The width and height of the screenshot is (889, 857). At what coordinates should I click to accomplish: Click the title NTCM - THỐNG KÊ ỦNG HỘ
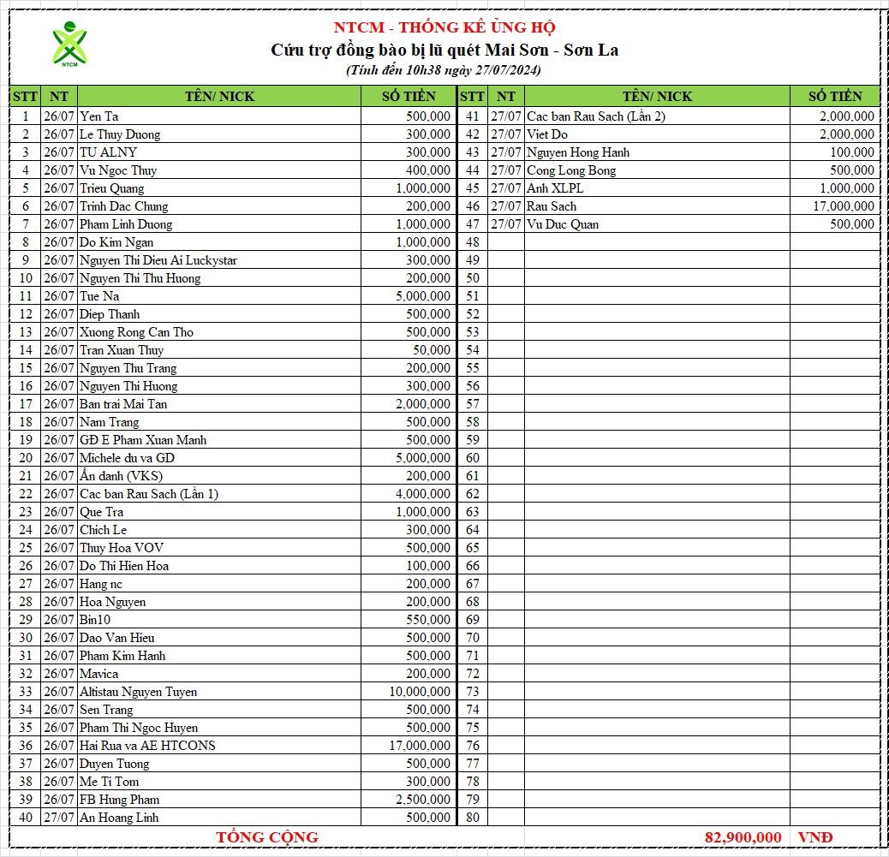coord(444,27)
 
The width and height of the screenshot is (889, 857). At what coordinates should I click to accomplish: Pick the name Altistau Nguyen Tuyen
coord(138,692)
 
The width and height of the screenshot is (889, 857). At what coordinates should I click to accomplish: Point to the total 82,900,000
coord(743,837)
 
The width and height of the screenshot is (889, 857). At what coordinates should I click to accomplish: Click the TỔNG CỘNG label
coord(267,837)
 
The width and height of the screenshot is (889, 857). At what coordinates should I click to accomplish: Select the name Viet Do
coord(547,134)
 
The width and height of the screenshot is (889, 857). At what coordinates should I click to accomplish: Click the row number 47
coord(472,224)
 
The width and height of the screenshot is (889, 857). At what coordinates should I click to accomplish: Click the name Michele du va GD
coord(127,458)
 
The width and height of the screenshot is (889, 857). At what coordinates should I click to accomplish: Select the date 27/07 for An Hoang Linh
coord(59,818)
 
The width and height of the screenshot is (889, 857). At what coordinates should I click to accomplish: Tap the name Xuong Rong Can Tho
coord(136,332)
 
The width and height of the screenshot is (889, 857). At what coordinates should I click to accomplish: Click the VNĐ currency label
coord(814,837)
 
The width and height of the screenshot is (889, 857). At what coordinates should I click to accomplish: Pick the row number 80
coord(472,818)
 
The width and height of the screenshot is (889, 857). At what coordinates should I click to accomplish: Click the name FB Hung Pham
coord(119,800)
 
